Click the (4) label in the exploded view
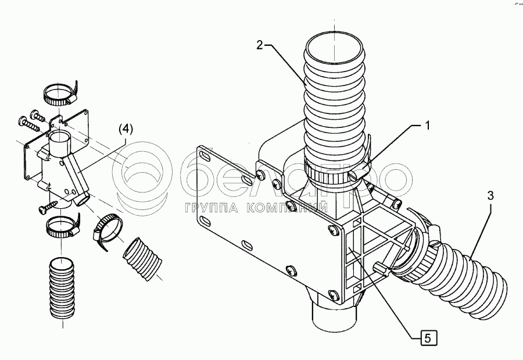[126, 129]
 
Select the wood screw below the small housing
[47, 205]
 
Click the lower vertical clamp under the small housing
[60, 227]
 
